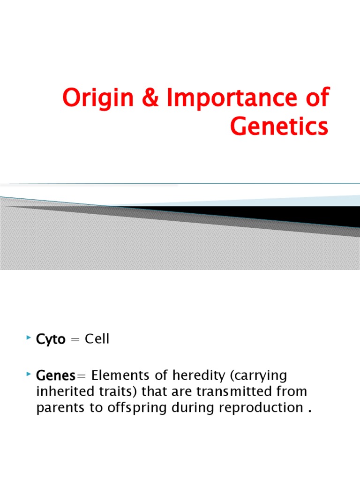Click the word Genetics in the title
279,126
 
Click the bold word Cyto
51,339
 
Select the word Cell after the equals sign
97,339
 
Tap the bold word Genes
55,375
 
